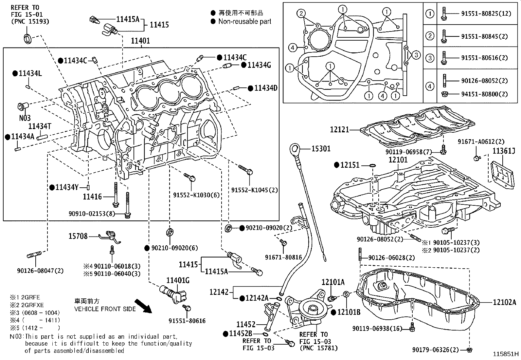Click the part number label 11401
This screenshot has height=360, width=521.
tap(140, 41)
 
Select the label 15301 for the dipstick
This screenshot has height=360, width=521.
tap(320, 149)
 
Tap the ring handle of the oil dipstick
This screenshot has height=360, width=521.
tap(293, 150)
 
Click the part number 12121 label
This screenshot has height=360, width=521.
tap(340, 130)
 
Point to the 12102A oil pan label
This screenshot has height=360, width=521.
tap(504, 302)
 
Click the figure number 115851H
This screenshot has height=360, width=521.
tap(506, 354)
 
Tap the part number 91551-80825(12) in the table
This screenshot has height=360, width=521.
tap(486, 14)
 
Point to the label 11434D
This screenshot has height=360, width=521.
tap(266, 88)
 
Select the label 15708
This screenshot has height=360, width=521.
tap(78, 236)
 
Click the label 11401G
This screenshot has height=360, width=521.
tap(178, 280)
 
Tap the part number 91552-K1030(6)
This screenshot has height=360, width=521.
tap(196, 195)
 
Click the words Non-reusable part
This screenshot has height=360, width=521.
tap(245, 22)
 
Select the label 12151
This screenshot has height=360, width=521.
tap(350, 165)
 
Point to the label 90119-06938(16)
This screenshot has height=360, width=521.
tap(377, 328)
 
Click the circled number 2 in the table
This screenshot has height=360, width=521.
tap(430, 36)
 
